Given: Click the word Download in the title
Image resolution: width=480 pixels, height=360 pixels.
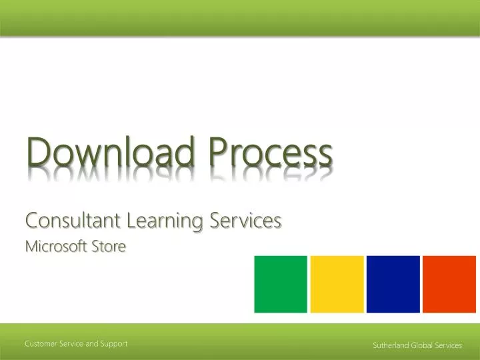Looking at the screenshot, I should tap(110, 152).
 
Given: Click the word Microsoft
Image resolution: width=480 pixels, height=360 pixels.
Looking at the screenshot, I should tap(53, 247).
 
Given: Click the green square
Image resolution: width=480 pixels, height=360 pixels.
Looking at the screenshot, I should tap(281, 284).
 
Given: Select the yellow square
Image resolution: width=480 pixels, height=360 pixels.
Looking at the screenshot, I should tap(337, 284).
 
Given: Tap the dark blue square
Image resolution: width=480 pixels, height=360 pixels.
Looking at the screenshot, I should tap(393, 284).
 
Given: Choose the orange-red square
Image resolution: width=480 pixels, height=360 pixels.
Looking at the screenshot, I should tap(449, 284).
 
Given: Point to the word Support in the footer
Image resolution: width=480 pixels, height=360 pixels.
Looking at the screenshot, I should tap(114, 343).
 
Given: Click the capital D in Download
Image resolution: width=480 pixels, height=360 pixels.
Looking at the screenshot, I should tap(38, 152).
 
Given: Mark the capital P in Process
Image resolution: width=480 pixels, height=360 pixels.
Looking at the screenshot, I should tap(217, 152).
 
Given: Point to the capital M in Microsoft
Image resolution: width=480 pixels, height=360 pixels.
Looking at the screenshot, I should tap(31, 247).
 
